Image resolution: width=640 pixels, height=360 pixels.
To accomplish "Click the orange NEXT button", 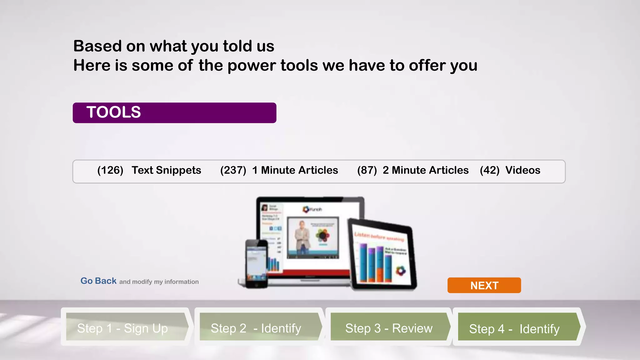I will coord(484,285).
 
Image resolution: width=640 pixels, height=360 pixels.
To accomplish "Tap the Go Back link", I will coord(98,281).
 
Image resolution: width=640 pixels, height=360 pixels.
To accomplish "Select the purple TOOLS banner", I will coord(174,113).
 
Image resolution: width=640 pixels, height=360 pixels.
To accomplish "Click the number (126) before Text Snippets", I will coord(110,170).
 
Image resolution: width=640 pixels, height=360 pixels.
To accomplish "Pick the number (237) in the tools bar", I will coord(233,170).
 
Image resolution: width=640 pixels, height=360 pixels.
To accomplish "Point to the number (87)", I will coord(367,170).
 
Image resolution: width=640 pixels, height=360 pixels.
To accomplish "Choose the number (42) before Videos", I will coord(490,170).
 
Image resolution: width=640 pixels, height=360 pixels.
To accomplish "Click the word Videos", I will coord(523,170).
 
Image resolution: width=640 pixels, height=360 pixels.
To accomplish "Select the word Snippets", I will coord(178,170).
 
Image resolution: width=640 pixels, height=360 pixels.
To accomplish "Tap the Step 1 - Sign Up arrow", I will coord(125,327).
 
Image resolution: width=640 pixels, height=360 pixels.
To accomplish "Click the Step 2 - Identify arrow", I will coord(258,327).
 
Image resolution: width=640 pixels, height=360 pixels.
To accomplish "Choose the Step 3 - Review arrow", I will coord(389,327).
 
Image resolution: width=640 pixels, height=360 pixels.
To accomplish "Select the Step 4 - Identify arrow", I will coord(517,327).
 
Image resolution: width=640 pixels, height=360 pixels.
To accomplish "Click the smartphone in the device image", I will coord(257,264).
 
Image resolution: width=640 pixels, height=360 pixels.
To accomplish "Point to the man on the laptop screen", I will coord(302,236).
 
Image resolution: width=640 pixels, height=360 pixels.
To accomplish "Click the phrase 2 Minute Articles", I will coord(426,170).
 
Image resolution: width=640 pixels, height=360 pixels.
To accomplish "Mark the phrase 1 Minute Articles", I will coord(295,170).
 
